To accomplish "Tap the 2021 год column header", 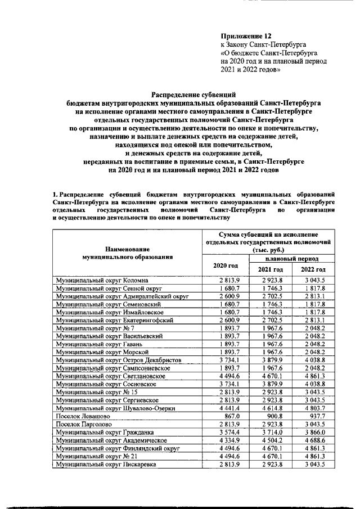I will click(270, 270).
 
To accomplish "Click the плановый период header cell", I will click(291, 259).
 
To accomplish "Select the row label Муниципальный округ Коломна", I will click(102, 280).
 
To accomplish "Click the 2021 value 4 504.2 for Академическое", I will click(271, 440).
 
